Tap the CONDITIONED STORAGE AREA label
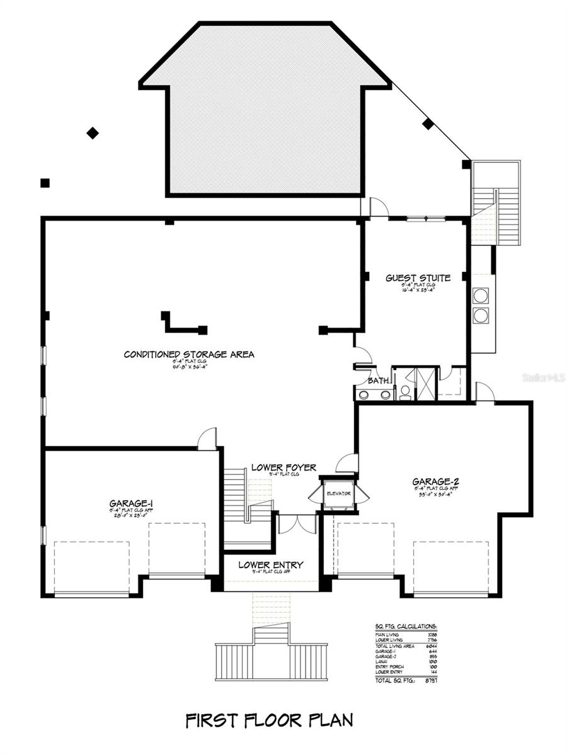pyautogui.click(x=189, y=354)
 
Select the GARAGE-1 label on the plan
pyautogui.click(x=131, y=503)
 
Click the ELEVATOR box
pyautogui.click(x=338, y=493)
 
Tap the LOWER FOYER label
pyautogui.click(x=283, y=467)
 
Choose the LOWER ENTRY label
pyautogui.click(x=271, y=564)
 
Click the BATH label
pyautogui.click(x=379, y=381)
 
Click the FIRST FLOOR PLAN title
pyautogui.click(x=269, y=720)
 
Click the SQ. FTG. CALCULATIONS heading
pyautogui.click(x=406, y=627)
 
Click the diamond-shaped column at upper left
pyautogui.click(x=93, y=133)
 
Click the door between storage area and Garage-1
pyautogui.click(x=207, y=440)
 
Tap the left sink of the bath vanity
pyautogui.click(x=364, y=394)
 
